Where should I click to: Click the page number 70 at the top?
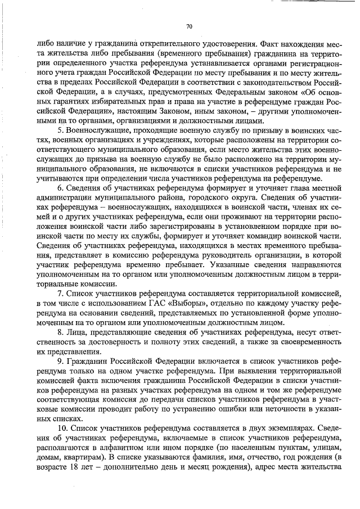point(189,26)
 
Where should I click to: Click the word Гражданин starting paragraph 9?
point(88,362)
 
